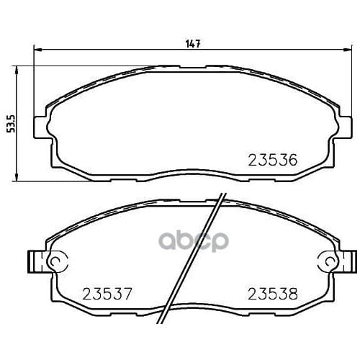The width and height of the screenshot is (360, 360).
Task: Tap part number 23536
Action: [x=273, y=159]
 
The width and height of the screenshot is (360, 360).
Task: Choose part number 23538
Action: [x=273, y=293]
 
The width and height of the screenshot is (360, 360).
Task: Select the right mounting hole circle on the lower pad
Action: [x=328, y=260]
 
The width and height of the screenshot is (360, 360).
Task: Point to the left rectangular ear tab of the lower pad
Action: [x=33, y=260]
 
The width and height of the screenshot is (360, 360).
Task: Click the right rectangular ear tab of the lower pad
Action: [x=352, y=260]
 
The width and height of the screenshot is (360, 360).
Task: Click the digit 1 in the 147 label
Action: [x=187, y=44]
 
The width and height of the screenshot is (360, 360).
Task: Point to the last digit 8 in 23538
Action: [x=292, y=293]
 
